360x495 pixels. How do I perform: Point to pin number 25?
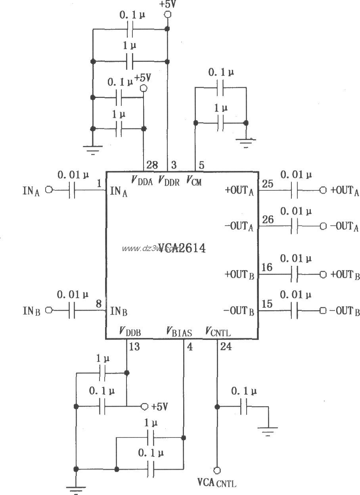tap(268, 184)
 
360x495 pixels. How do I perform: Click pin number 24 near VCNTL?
tap(226, 346)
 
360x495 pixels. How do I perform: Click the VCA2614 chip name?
tap(182, 248)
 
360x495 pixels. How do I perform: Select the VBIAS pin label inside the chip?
tap(179, 332)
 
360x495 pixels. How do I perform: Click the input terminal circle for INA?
tap(49, 190)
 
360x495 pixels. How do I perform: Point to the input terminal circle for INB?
tap(49, 310)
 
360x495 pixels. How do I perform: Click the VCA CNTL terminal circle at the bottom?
tap(217, 470)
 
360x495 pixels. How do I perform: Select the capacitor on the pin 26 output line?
tap(294, 226)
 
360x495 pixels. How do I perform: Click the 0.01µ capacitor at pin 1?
tap(72, 190)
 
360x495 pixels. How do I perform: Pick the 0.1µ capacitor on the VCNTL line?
tap(244, 407)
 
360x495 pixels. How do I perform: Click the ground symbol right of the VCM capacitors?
tap(246, 142)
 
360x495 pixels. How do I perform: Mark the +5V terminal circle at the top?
tap(167, 15)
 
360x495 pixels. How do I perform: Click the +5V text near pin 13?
tap(159, 407)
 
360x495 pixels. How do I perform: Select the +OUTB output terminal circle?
tap(323, 274)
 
